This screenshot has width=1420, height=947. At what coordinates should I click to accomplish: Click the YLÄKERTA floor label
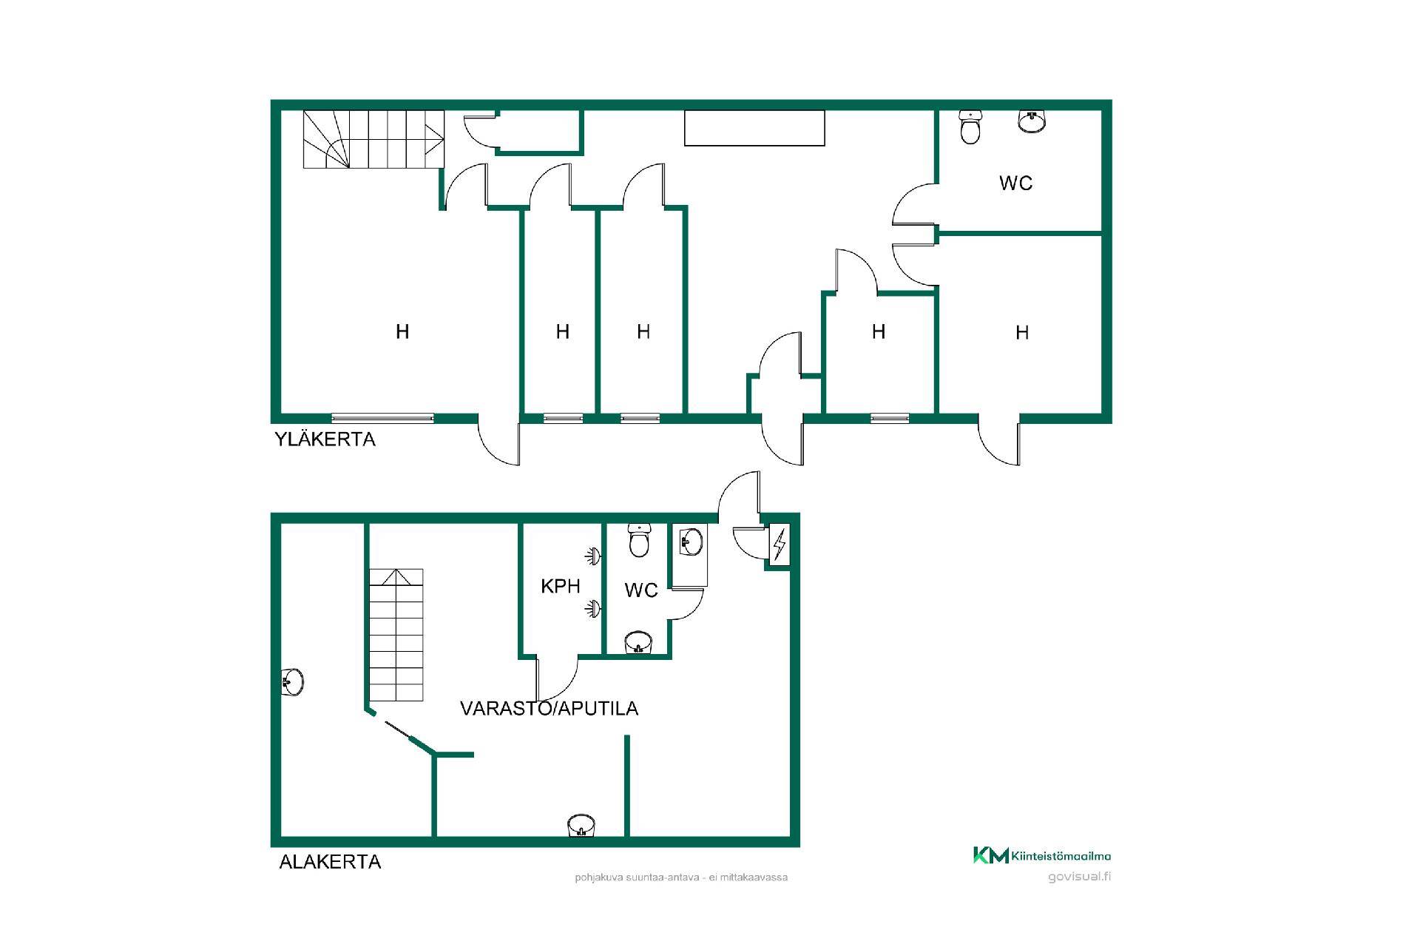click(325, 439)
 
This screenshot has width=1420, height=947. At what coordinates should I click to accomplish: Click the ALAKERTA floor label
click(330, 862)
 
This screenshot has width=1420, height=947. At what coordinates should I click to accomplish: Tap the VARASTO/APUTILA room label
click(549, 708)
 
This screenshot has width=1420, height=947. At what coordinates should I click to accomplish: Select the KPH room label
click(561, 587)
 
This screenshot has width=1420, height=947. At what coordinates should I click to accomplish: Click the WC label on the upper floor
click(1015, 183)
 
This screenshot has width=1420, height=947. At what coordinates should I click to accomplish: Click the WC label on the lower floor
click(641, 590)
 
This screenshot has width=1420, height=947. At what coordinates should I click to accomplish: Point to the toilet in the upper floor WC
click(970, 127)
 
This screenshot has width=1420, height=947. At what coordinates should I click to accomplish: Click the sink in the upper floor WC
click(1032, 121)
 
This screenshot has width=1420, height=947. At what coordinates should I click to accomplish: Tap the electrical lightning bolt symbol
click(779, 545)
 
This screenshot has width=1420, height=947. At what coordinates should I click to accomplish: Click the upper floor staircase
click(373, 139)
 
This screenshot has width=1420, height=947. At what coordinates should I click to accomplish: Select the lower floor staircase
click(396, 635)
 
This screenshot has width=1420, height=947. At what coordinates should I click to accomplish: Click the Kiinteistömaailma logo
click(1041, 855)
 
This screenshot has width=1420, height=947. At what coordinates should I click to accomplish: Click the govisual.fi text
click(1079, 877)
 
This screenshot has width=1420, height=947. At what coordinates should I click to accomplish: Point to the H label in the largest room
click(402, 331)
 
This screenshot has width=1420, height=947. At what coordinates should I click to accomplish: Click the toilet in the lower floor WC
click(638, 541)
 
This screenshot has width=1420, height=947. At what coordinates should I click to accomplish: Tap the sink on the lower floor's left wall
click(293, 681)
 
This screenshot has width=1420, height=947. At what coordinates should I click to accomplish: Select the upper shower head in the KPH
click(592, 556)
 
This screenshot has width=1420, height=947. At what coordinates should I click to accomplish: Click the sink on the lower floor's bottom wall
click(581, 826)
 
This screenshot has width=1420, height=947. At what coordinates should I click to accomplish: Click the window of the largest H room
click(382, 418)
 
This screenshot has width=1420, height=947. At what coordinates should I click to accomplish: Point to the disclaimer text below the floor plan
click(681, 877)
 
